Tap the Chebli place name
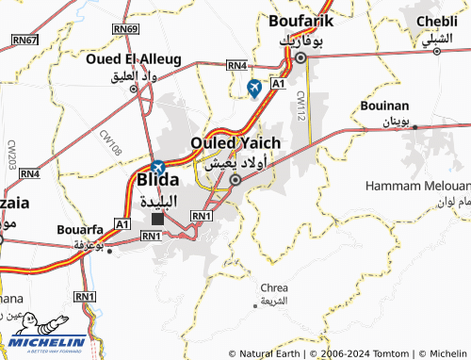[x=435, y=21]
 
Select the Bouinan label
[x=384, y=106]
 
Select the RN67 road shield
[x=24, y=40]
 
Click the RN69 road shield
[x=124, y=30]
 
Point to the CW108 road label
[x=110, y=141]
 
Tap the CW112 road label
[x=300, y=105]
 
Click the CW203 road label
[x=12, y=154]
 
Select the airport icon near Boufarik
[x=253, y=88]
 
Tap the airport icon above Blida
[x=157, y=166]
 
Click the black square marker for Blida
[x=157, y=219]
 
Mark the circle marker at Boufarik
[x=300, y=57]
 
